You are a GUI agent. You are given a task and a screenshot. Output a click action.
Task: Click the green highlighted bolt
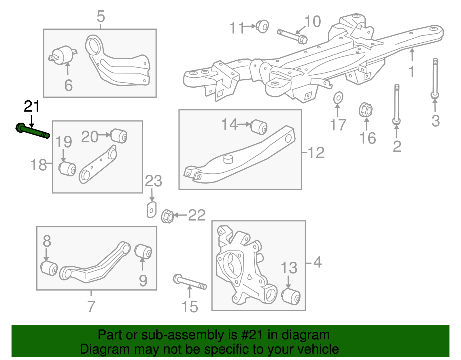[32, 131]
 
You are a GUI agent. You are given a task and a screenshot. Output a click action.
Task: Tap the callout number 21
[32, 107]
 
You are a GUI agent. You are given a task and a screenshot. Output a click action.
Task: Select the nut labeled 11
[262, 26]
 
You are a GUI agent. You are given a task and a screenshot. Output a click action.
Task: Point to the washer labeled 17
[338, 98]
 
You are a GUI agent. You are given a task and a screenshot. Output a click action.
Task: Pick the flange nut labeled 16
[366, 110]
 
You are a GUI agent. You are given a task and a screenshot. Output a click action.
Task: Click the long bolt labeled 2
[397, 104]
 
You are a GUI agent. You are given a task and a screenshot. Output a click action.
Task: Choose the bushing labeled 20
[119, 136]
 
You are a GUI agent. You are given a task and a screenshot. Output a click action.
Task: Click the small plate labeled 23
[152, 210]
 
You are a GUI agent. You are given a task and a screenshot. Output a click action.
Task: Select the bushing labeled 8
[49, 268]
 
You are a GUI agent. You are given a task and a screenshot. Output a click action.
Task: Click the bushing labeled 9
[144, 251]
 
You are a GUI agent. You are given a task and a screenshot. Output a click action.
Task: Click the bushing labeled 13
[291, 296]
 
